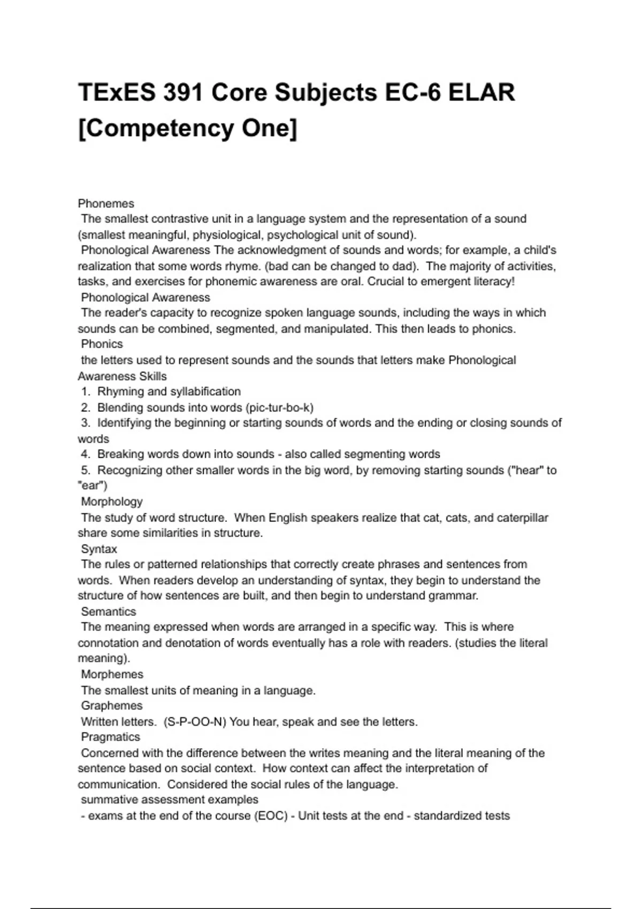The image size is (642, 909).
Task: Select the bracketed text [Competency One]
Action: coord(187,128)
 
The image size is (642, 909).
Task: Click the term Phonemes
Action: coord(106,203)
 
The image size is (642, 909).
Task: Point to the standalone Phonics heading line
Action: coord(102,344)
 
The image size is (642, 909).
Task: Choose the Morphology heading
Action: coord(112,502)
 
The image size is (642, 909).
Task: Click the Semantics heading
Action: coord(109,611)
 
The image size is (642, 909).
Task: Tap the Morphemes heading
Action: coord(112,674)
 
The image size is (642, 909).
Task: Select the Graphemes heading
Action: coord(112,705)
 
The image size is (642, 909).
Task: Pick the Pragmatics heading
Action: coord(110,737)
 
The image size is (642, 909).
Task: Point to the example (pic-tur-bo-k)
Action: coord(280,407)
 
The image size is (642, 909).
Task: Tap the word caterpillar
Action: coord(522,518)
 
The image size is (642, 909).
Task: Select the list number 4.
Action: coord(86,454)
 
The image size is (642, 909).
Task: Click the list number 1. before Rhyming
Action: coord(86,391)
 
